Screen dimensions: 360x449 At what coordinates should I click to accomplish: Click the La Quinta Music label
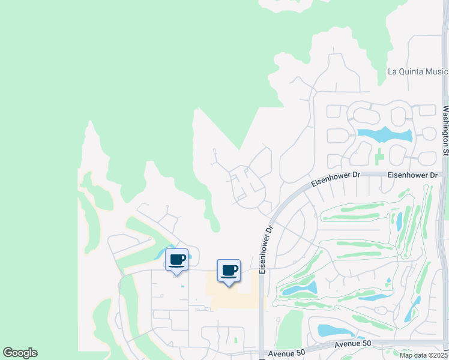418,71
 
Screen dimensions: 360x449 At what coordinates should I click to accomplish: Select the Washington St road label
445,131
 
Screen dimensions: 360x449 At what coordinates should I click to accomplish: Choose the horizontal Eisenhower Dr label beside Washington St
412,175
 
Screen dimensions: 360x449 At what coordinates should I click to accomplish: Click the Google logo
20,353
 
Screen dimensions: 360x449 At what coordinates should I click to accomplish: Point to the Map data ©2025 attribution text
423,355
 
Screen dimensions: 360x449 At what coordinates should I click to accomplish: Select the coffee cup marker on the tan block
229,271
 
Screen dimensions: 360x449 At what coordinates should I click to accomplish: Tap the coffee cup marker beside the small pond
176,260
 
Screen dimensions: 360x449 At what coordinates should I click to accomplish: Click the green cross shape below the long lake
379,158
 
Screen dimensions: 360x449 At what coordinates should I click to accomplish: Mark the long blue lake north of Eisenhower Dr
384,134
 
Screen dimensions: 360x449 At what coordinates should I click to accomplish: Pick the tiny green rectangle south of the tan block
236,340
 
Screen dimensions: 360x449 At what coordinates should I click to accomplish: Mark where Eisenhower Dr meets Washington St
444,174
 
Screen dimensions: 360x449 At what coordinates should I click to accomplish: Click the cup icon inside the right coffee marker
229,269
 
